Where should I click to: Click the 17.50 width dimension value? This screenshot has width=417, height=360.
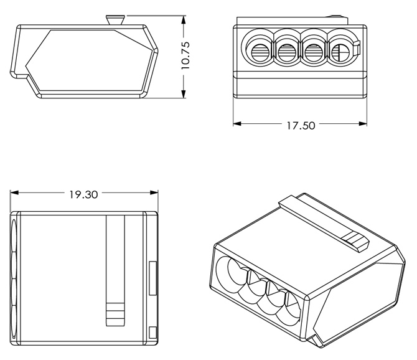point(299,125)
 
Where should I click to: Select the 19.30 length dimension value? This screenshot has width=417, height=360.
point(83,194)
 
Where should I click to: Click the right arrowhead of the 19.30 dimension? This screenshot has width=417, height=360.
point(152,194)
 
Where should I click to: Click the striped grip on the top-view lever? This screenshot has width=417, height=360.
point(115,312)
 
